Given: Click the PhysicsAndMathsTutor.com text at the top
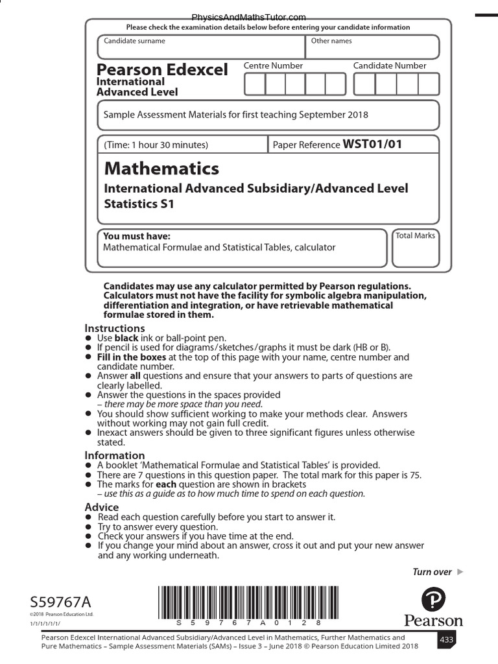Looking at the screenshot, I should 249,18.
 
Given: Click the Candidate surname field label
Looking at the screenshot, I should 134,41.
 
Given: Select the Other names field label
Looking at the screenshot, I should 331,41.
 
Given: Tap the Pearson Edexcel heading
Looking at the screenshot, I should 162,69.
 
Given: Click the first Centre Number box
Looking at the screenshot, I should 255,84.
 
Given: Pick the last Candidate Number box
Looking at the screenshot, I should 429,84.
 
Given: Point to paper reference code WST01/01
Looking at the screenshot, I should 372,144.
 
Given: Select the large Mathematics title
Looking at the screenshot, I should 161,169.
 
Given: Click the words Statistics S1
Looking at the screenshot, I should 139,204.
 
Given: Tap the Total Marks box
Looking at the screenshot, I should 416,248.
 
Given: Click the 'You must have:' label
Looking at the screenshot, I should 137,237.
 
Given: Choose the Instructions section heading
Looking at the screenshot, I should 115,328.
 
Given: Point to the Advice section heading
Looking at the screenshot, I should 102,506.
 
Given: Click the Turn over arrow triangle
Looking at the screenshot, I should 460,571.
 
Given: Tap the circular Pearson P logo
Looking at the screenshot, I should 433,600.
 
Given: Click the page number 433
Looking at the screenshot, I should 446,639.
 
